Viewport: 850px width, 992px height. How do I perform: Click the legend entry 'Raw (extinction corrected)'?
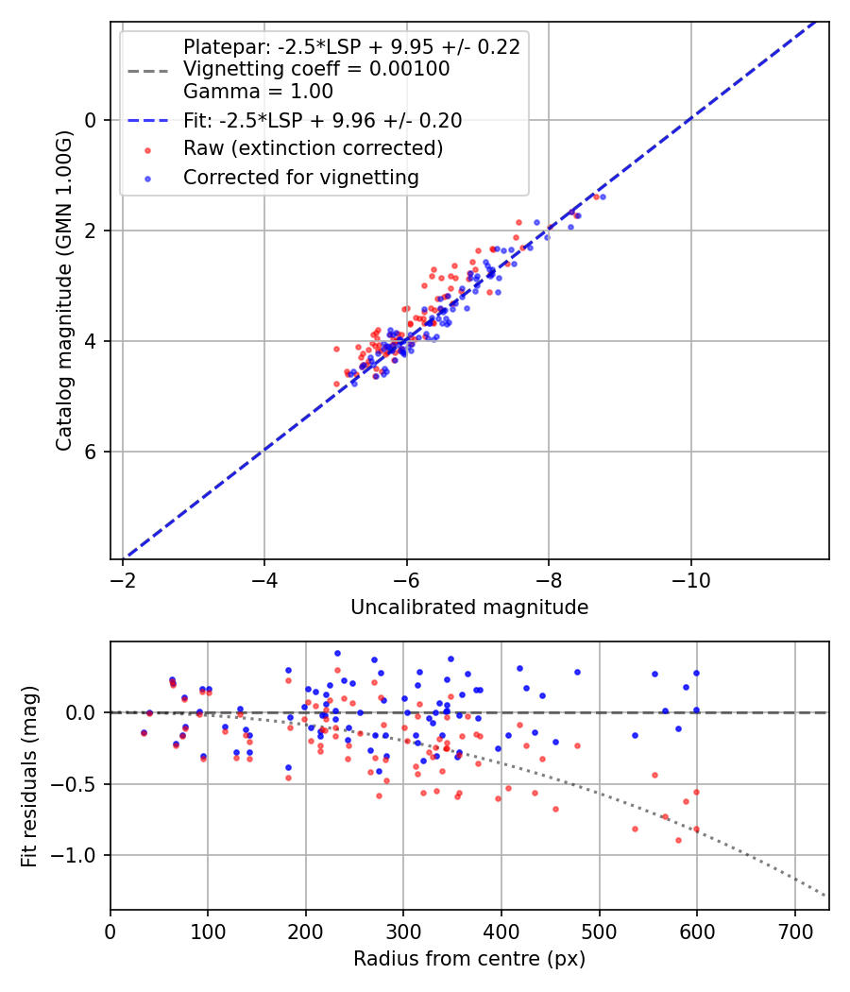pyautogui.click(x=313, y=148)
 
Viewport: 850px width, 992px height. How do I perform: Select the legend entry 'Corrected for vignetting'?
pyautogui.click(x=301, y=177)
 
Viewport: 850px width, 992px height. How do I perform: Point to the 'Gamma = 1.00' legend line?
pyautogui.click(x=258, y=92)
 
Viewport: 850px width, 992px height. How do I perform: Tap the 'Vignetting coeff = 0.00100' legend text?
pyautogui.click(x=316, y=69)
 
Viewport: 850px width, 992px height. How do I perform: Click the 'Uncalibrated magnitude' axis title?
pyautogui.click(x=469, y=607)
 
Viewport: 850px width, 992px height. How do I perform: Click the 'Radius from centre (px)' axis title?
pyautogui.click(x=469, y=959)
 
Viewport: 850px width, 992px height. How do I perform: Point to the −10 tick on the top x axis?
pyautogui.click(x=691, y=579)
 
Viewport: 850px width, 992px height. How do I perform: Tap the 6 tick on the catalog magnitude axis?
pyautogui.click(x=91, y=452)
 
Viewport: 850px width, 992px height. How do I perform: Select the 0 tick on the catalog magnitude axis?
pyautogui.click(x=91, y=120)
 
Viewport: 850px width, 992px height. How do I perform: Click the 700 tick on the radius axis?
pyautogui.click(x=794, y=930)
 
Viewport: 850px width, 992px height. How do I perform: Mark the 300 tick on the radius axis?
pyautogui.click(x=403, y=930)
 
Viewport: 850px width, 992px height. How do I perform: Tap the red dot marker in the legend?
pyautogui.click(x=147, y=149)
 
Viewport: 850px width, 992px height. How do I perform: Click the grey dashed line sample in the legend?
pyautogui.click(x=147, y=70)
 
